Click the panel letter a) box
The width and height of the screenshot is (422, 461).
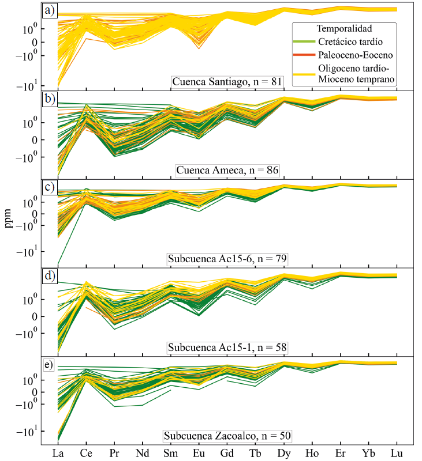pyautogui.click(x=49, y=11)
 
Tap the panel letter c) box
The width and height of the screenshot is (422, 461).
pyautogui.click(x=49, y=188)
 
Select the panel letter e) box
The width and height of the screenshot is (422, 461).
pyautogui.click(x=49, y=365)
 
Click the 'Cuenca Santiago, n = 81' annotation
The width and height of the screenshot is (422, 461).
pyautogui.click(x=227, y=81)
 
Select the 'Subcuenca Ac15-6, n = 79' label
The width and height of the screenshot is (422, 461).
pyautogui.click(x=227, y=258)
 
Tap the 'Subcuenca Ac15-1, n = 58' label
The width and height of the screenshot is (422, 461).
pyautogui.click(x=227, y=347)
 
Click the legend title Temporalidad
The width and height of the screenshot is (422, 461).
pyautogui.click(x=344, y=28)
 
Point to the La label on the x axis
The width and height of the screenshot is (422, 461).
pyautogui.click(x=58, y=452)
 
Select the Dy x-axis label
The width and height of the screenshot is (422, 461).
pyautogui.click(x=284, y=452)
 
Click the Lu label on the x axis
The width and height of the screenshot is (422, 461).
pyautogui.click(x=397, y=452)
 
